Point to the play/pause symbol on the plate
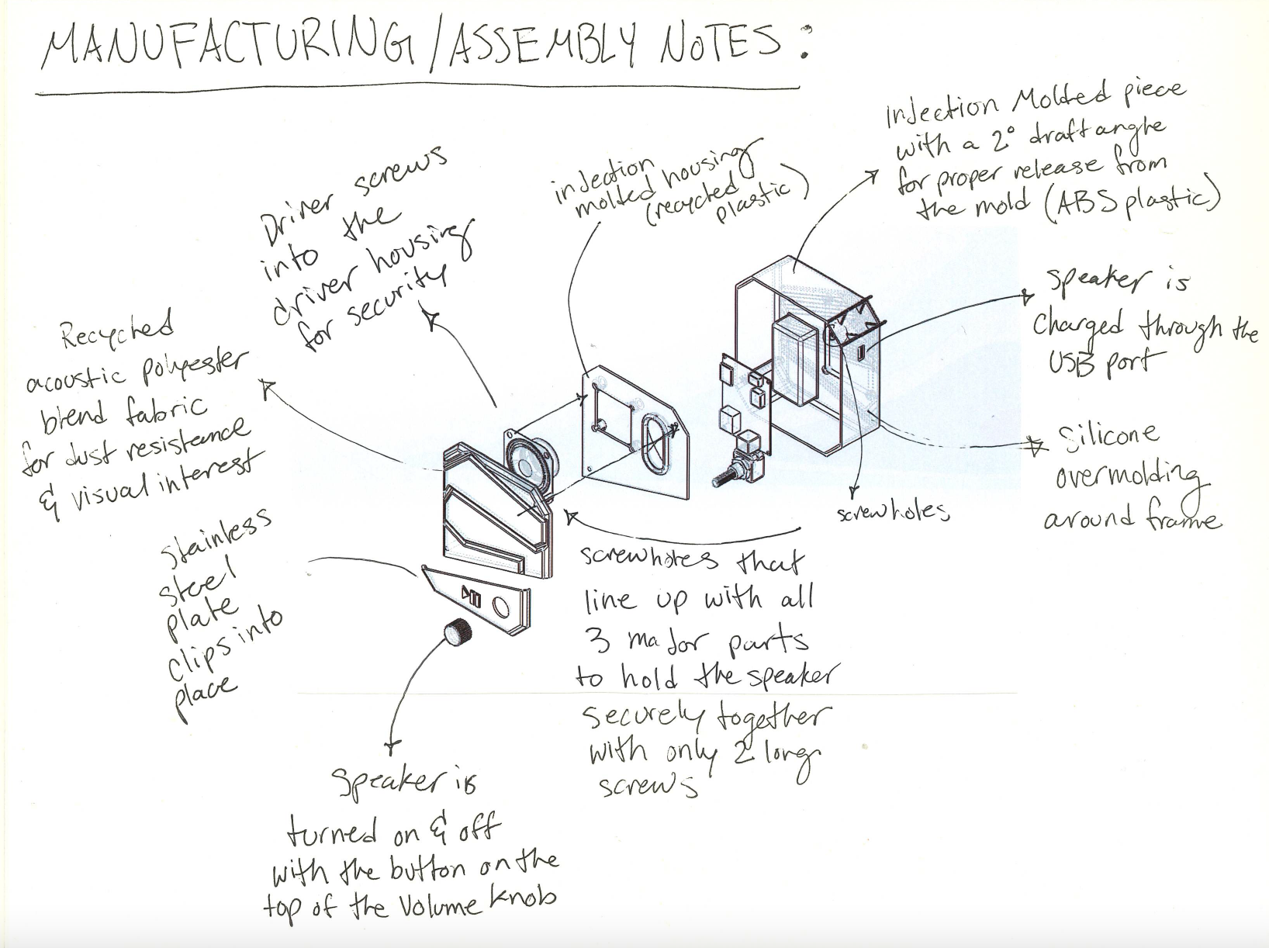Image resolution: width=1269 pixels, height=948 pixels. (x=472, y=596)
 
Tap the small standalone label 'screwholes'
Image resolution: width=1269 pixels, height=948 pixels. (x=893, y=512)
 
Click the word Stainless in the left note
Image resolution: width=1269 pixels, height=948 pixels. (x=216, y=536)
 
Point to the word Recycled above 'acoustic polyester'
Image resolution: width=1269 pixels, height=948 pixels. (x=117, y=331)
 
